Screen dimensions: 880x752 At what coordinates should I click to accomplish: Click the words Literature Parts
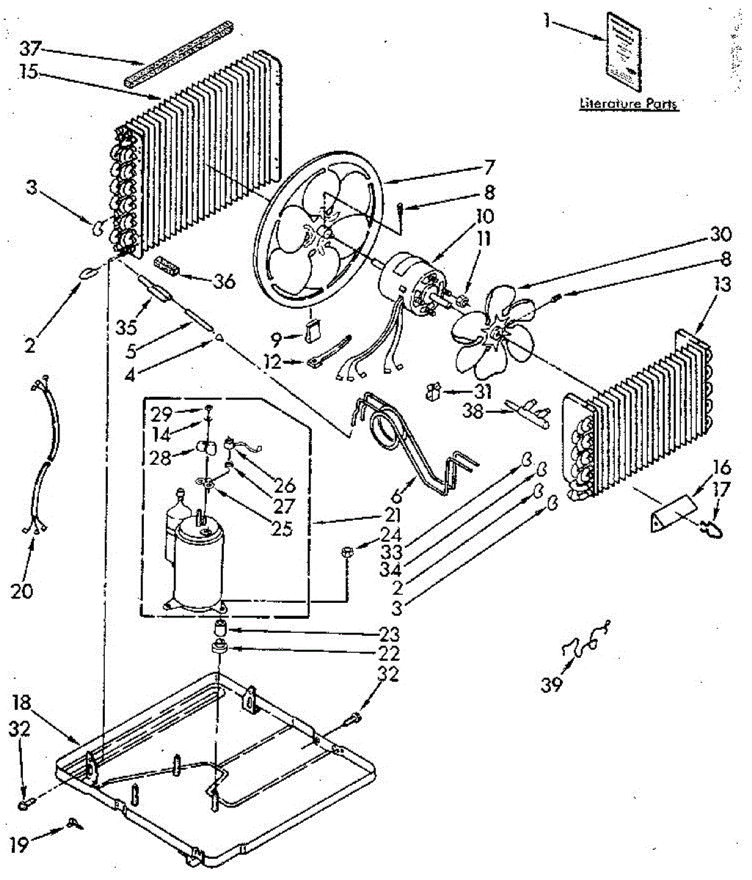pyautogui.click(x=629, y=104)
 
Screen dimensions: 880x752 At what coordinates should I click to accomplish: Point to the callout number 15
pyautogui.click(x=32, y=75)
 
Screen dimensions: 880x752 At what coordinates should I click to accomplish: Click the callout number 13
pyautogui.click(x=722, y=285)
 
